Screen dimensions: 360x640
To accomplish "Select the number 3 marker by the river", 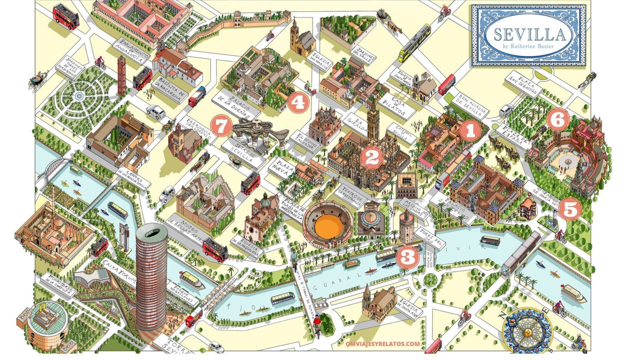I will coord(408,257).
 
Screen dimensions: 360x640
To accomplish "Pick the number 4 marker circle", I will coord(298,102).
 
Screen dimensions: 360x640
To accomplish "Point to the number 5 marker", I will coord(570,209).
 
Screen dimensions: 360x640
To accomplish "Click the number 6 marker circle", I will coord(558,119).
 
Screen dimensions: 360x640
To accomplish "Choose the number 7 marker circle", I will coord(220,126).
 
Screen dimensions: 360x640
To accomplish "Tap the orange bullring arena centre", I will coord(327,226).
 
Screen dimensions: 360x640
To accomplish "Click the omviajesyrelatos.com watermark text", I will coord(383,344).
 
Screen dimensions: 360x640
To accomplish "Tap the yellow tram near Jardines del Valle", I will coord(414,42).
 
